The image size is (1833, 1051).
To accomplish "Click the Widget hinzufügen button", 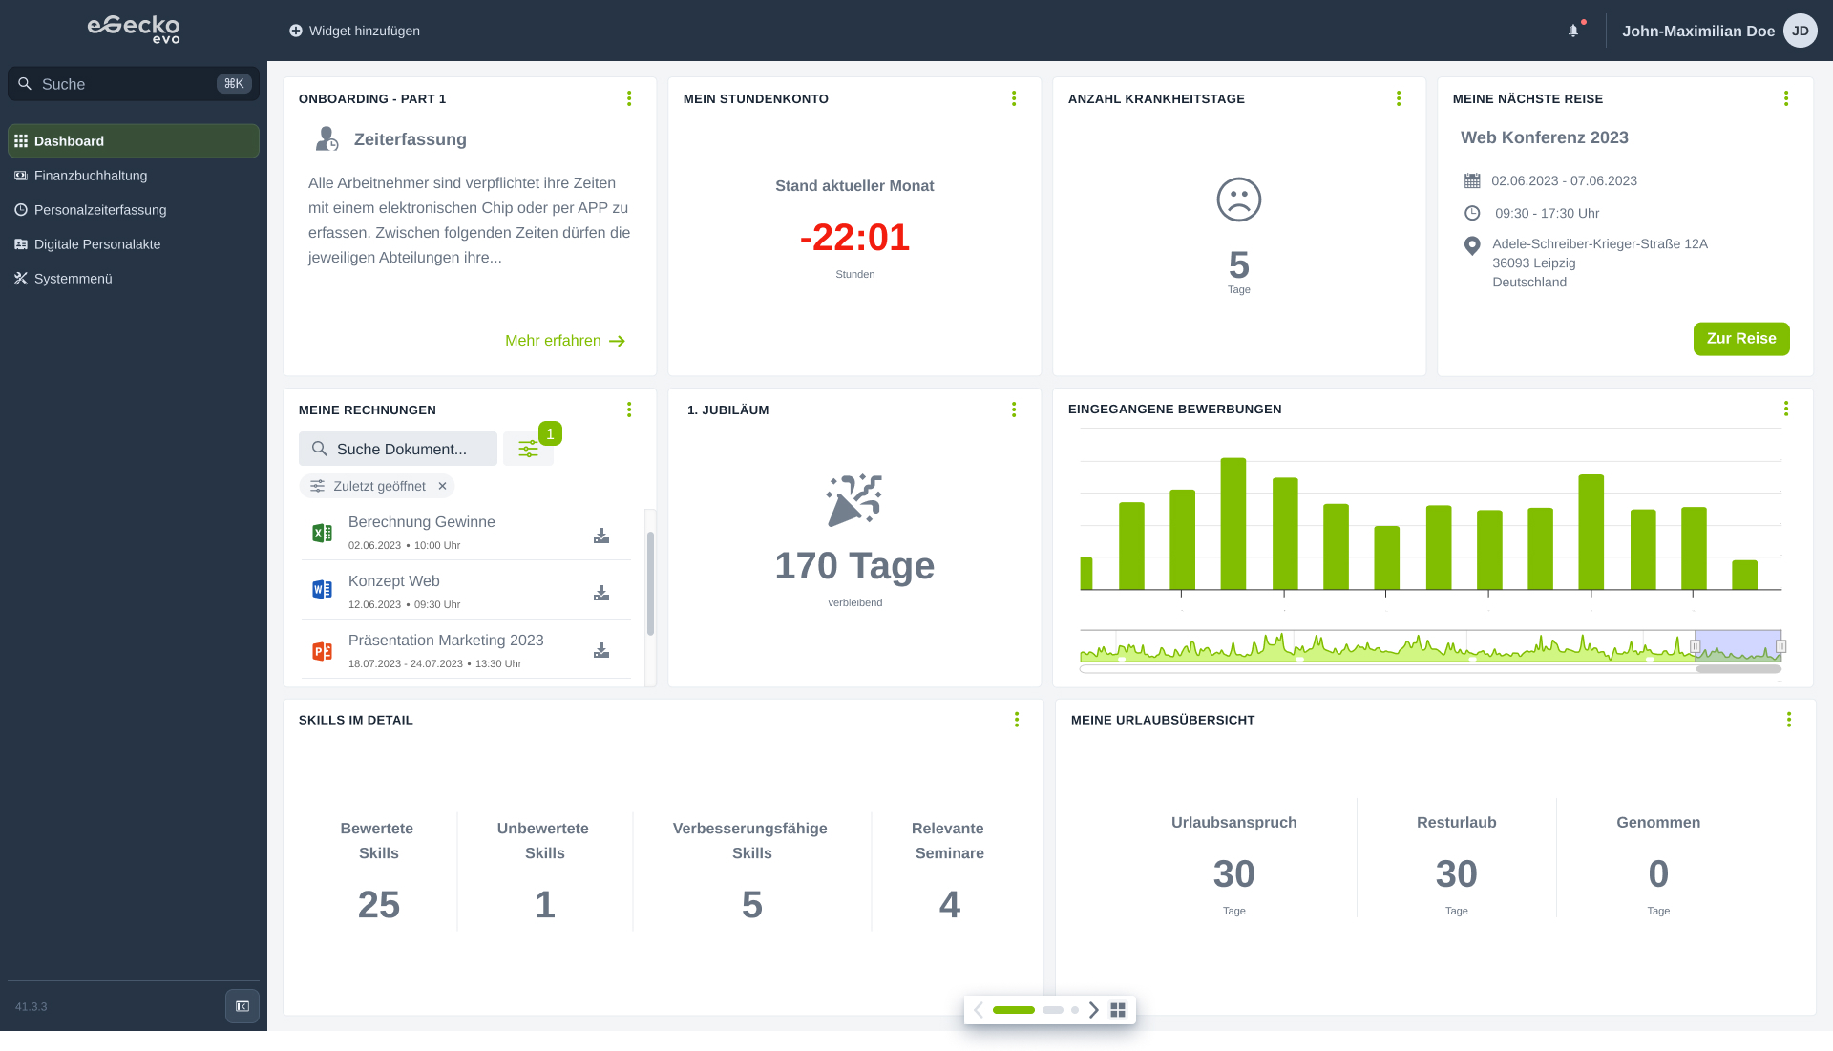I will tap(354, 31).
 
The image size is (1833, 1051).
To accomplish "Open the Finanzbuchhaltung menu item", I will tap(91, 176).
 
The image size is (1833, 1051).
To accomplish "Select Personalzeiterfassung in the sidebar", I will tap(100, 210).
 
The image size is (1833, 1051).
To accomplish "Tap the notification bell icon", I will tap(1573, 31).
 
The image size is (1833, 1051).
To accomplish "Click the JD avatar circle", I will tap(1800, 31).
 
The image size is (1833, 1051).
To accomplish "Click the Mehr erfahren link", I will tap(564, 341).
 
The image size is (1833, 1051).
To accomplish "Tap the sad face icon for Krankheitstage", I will tap(1238, 200).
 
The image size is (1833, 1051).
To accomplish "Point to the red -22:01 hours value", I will tap(854, 237).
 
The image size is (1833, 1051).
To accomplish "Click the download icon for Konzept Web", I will tap(601, 593).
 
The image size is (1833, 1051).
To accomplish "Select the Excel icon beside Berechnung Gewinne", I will tap(323, 533).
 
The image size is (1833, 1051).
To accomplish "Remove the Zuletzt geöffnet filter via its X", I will tap(442, 486).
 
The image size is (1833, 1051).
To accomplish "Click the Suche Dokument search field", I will tap(398, 449).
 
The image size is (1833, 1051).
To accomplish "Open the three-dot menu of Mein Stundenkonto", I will tap(1014, 98).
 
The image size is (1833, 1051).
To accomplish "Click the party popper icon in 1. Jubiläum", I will tap(853, 499).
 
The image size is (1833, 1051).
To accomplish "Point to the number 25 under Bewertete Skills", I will tap(378, 904).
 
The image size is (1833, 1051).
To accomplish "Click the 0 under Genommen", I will tap(1658, 873).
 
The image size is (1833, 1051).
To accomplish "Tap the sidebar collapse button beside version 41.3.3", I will tap(242, 1006).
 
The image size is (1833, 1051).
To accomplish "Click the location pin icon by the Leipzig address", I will tap(1472, 245).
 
